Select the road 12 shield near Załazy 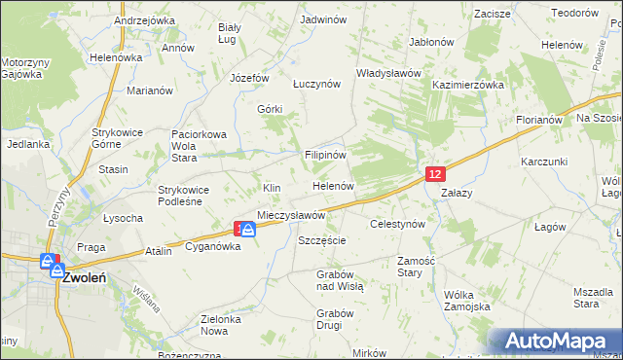point(435,173)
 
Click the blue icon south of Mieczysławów point(248,230)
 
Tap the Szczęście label point(322,239)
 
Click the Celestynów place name point(398,224)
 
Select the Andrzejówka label point(144,19)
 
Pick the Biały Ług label point(230,33)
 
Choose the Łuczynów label point(317,84)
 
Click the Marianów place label point(150,90)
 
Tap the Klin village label point(272,187)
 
